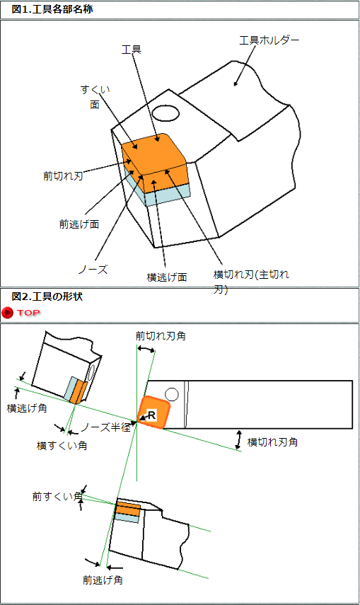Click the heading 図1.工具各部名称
[52, 9]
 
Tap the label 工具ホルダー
[269, 40]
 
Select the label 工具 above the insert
[132, 50]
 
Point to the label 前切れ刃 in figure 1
[63, 176]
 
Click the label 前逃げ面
[79, 224]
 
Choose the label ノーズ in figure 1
[93, 270]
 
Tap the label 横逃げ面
[167, 277]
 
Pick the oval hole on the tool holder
[166, 114]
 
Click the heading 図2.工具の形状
[47, 296]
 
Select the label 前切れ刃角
[161, 336]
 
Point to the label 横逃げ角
[27, 408]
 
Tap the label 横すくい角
[62, 446]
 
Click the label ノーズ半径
[105, 427]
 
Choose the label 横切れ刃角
[272, 442]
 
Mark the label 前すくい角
[57, 496]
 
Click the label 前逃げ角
[103, 580]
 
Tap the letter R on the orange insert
[151, 415]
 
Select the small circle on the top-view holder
[172, 395]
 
